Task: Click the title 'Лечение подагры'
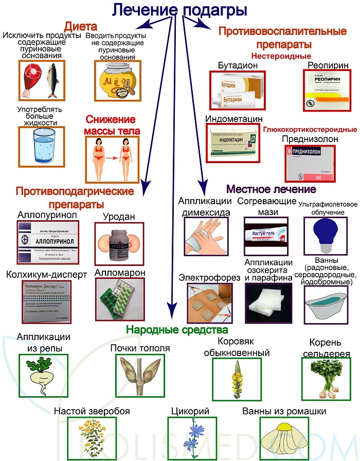coord(179,10)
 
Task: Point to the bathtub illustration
coord(325,304)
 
